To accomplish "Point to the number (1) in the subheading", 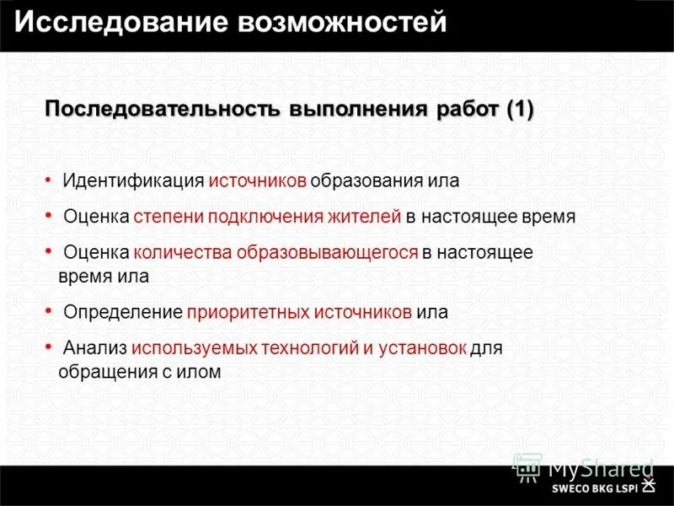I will [520, 110].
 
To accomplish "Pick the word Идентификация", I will [134, 180].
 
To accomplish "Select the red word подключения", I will [259, 216].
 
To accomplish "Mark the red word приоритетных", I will [249, 312].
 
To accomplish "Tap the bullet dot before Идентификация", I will [48, 179].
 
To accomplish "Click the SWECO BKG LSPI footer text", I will [595, 487].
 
